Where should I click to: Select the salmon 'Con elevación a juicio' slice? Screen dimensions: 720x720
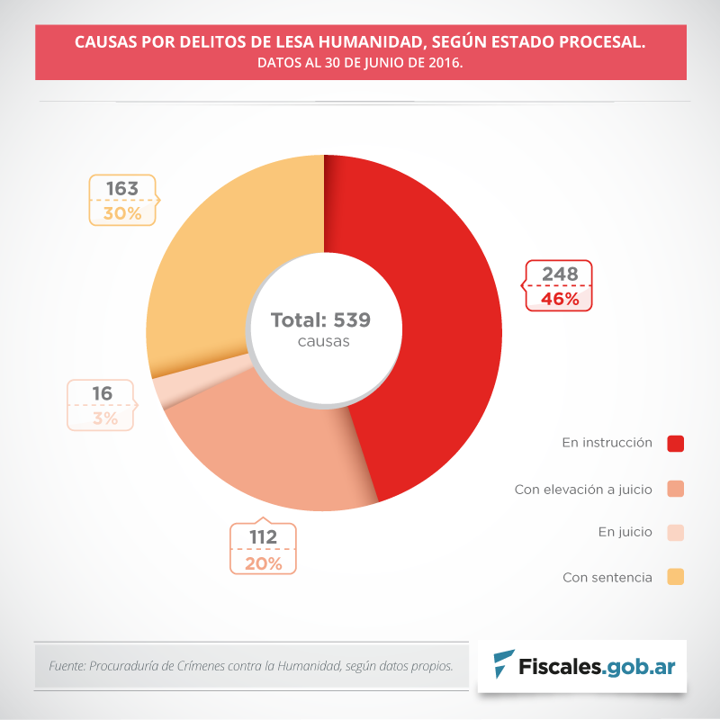pos(270,450)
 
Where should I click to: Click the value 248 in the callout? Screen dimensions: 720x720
pos(559,274)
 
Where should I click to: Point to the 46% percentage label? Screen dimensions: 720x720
pos(559,299)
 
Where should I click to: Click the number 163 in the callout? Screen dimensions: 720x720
pos(121,189)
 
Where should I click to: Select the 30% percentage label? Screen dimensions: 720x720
pos(121,213)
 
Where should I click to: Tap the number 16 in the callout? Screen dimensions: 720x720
pos(102,393)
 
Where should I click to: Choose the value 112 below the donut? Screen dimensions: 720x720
pos(263,537)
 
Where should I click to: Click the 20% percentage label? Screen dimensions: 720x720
pos(263,563)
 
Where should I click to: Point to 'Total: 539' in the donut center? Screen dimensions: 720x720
pos(321,320)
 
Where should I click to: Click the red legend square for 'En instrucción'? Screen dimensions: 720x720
pos(676,443)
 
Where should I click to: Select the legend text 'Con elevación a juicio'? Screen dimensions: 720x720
pos(583,490)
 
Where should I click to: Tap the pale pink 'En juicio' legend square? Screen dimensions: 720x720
pos(676,532)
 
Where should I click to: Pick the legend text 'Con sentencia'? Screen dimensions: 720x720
pos(607,577)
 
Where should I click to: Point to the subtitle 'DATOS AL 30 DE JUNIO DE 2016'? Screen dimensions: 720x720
pos(360,64)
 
